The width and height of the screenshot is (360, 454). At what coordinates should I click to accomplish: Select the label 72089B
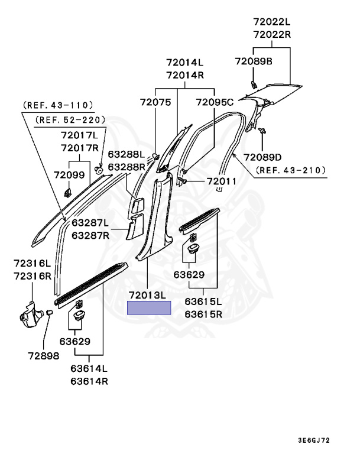click(253, 61)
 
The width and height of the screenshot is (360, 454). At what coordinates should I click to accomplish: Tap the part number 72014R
click(184, 75)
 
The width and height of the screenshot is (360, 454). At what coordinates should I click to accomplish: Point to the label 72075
click(155, 102)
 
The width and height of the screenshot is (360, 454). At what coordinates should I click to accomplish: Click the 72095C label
click(215, 102)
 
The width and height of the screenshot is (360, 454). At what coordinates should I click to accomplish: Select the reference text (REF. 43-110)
click(59, 105)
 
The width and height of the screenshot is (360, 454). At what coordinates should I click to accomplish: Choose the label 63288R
click(126, 167)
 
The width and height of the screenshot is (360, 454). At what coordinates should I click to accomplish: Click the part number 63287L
click(91, 223)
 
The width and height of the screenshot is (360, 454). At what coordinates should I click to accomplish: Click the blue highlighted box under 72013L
click(150, 308)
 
